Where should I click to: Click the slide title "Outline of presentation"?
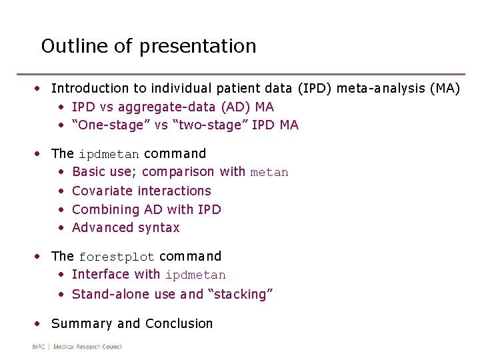coord(149,46)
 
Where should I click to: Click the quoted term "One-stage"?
coord(103,125)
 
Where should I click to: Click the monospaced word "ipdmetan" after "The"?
coord(109,154)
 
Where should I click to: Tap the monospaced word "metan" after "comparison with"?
coord(269,173)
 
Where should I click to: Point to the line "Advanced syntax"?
coord(125,227)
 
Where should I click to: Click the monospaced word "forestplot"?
coord(117,257)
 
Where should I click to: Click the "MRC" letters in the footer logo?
coord(39,347)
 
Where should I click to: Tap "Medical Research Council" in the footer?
coord(87,347)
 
